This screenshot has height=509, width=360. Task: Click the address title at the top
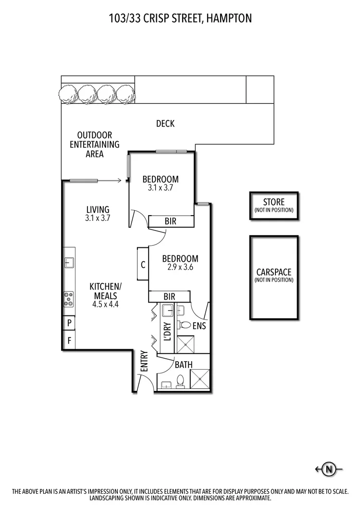180,18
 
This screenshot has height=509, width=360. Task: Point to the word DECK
165,124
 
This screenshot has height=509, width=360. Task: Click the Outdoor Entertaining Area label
94,145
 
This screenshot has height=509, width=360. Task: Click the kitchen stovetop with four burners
69,299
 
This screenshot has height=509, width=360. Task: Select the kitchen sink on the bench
68,262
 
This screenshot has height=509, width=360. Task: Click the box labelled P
69,323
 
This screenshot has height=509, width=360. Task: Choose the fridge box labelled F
69,341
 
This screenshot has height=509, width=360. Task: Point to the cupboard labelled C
143,264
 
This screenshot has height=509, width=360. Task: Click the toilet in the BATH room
181,381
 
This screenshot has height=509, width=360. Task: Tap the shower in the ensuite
185,344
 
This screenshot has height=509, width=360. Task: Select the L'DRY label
167,331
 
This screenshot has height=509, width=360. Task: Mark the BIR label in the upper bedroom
170,221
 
